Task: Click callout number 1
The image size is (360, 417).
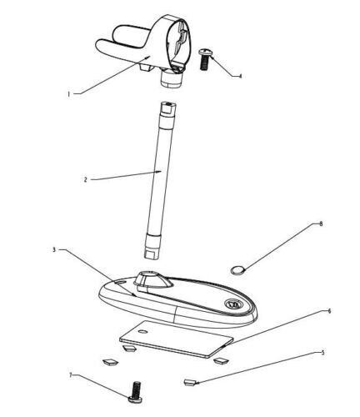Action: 68,94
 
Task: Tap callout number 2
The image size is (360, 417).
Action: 86,179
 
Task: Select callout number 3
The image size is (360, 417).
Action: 54,249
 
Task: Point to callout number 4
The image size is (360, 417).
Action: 241,76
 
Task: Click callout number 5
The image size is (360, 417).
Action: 322,353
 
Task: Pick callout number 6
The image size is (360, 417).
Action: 329,311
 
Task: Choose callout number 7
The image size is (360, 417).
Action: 70,375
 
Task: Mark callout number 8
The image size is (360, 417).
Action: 321,224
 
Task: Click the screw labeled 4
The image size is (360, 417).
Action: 205,59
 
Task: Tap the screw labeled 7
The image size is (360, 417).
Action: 136,392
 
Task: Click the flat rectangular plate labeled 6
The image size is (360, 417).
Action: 176,339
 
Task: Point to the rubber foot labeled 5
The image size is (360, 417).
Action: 190,383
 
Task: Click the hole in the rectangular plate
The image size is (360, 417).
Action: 143,331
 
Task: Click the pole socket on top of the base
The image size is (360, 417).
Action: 152,279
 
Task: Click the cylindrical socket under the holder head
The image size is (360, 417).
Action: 172,78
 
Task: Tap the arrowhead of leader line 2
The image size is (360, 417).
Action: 159,172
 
